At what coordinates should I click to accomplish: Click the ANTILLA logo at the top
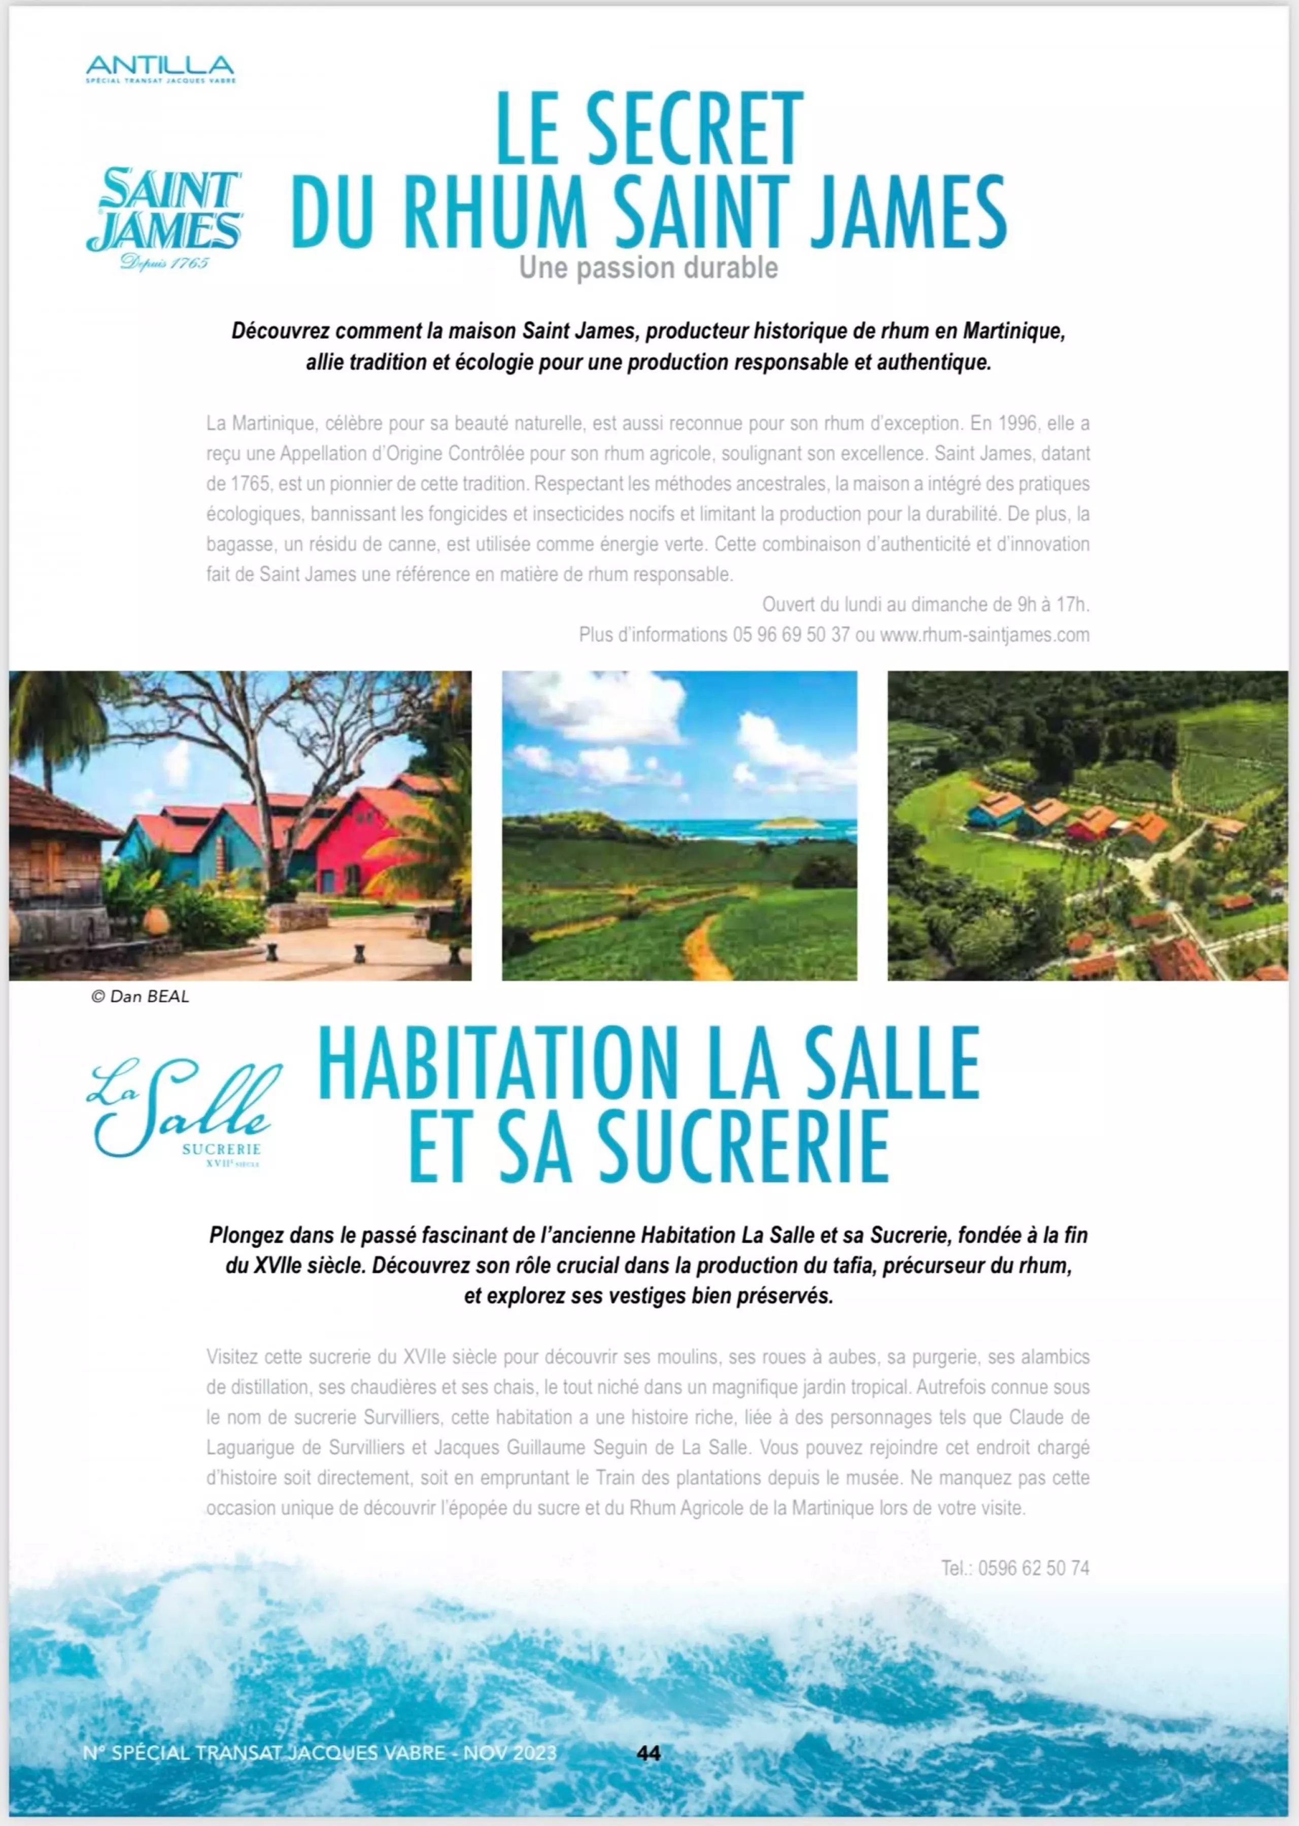(x=160, y=68)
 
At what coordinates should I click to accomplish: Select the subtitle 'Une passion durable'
(x=648, y=268)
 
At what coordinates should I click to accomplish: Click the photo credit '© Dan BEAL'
(x=140, y=996)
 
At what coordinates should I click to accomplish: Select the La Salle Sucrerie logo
(x=184, y=1112)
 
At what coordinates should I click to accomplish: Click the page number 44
(x=648, y=1753)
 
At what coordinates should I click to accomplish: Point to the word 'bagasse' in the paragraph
(x=238, y=545)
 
